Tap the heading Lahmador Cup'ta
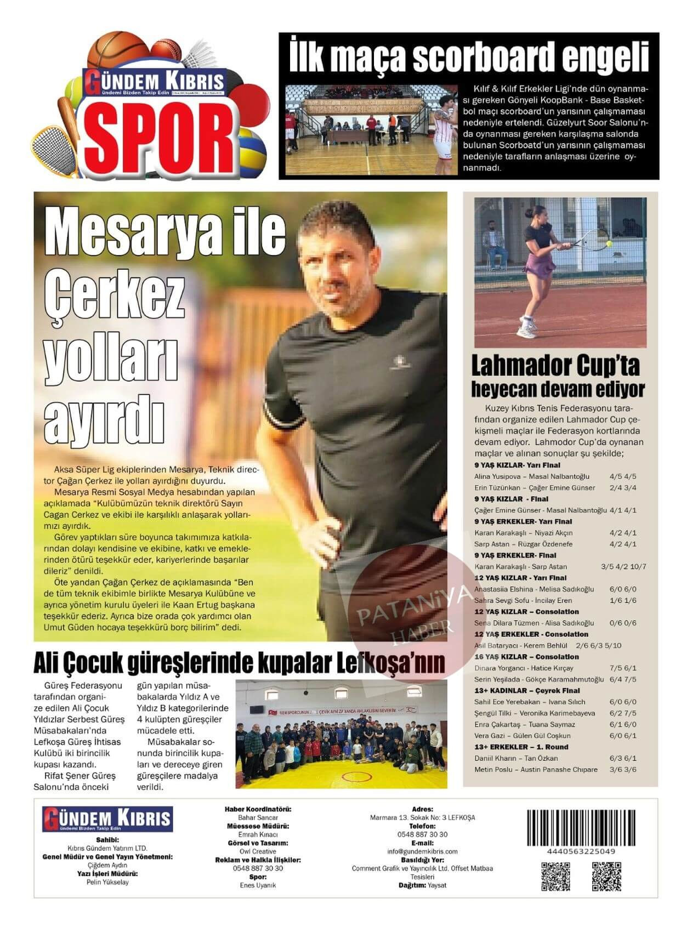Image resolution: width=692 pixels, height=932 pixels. point(555,366)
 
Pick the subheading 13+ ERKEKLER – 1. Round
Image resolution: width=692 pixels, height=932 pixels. point(521,747)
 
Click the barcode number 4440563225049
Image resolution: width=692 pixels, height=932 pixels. point(573,851)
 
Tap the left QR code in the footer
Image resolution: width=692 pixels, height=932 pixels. point(557,876)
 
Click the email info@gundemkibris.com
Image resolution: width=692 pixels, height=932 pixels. point(422,851)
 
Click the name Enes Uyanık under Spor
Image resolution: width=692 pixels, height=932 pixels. point(258,885)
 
